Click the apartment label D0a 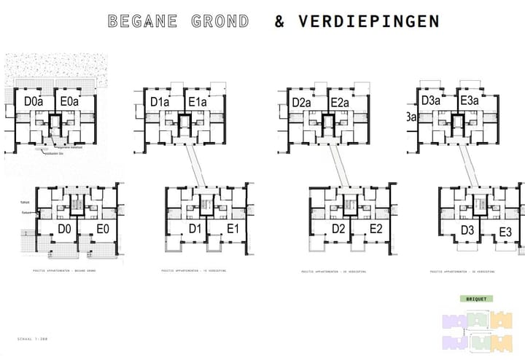coord(34,102)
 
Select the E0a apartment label coord(70,102)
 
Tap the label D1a coord(160,102)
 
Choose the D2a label coord(302,103)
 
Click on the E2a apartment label coord(340,103)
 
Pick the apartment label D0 coord(63,229)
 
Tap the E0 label coord(103,229)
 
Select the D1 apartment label coord(195,229)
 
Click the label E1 coord(233,229)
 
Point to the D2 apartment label coord(338,229)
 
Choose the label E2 coord(376,229)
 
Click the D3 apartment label coord(467,231)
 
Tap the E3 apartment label coord(506,233)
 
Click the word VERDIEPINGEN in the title coord(369,21)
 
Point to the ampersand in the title coord(280,21)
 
